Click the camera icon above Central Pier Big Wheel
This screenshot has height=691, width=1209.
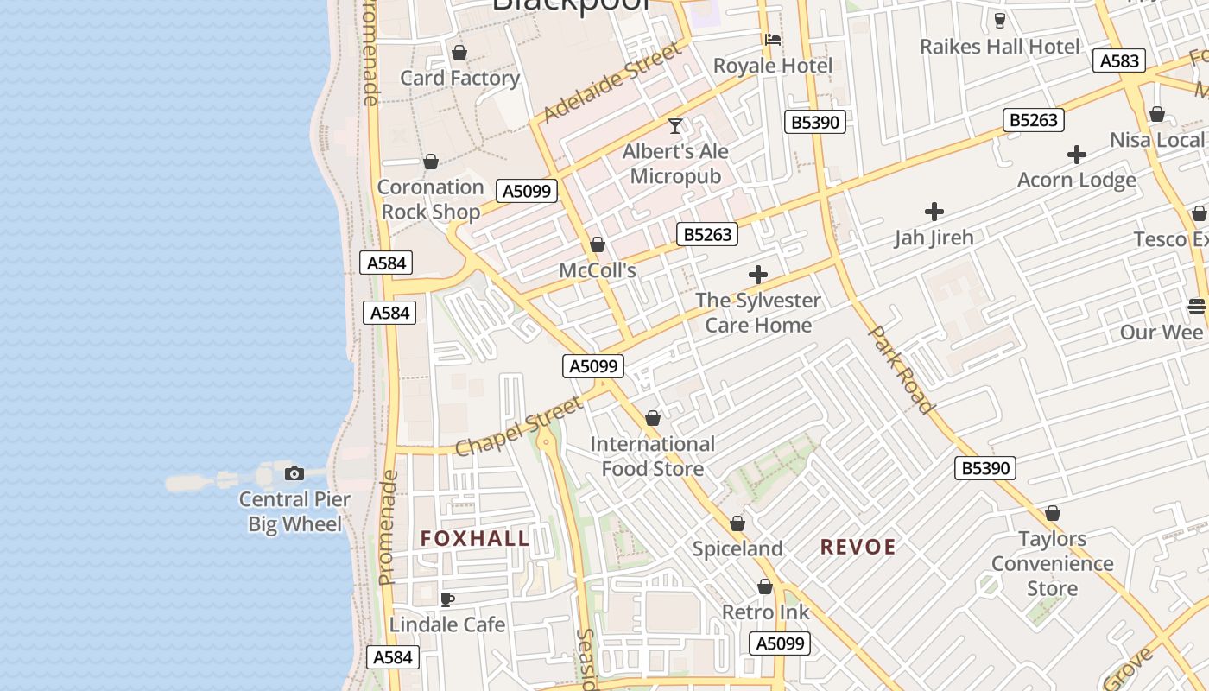pyautogui.click(x=294, y=473)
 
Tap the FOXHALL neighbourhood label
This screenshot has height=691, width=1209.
pyautogui.click(x=475, y=539)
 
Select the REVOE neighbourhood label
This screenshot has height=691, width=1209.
pyautogui.click(x=858, y=547)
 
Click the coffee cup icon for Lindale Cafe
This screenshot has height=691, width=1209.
pyautogui.click(x=447, y=599)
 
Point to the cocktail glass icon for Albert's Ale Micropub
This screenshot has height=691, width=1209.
pyautogui.click(x=675, y=126)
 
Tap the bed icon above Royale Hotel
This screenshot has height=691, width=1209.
pyautogui.click(x=773, y=40)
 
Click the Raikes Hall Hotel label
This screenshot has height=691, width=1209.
pyautogui.click(x=999, y=47)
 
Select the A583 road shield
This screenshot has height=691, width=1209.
pyautogui.click(x=1119, y=60)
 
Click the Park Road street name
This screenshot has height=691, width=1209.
pyautogui.click(x=901, y=369)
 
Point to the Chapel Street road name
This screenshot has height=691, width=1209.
pyautogui.click(x=519, y=426)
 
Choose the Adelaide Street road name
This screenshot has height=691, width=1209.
pyautogui.click(x=611, y=84)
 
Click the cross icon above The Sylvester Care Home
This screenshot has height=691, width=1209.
pyautogui.click(x=758, y=275)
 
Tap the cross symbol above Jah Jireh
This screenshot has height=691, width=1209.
pyautogui.click(x=934, y=212)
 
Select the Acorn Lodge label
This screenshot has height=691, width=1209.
pyautogui.click(x=1076, y=180)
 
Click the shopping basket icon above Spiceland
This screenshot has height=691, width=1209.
pyautogui.click(x=737, y=523)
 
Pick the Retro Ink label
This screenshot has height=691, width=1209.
pyautogui.click(x=765, y=612)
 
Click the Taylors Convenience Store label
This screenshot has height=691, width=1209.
pyautogui.click(x=1052, y=563)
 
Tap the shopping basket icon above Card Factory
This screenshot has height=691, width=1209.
pyautogui.click(x=459, y=53)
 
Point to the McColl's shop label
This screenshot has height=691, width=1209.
pyautogui.click(x=598, y=270)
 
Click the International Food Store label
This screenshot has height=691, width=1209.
pyautogui.click(x=653, y=456)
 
